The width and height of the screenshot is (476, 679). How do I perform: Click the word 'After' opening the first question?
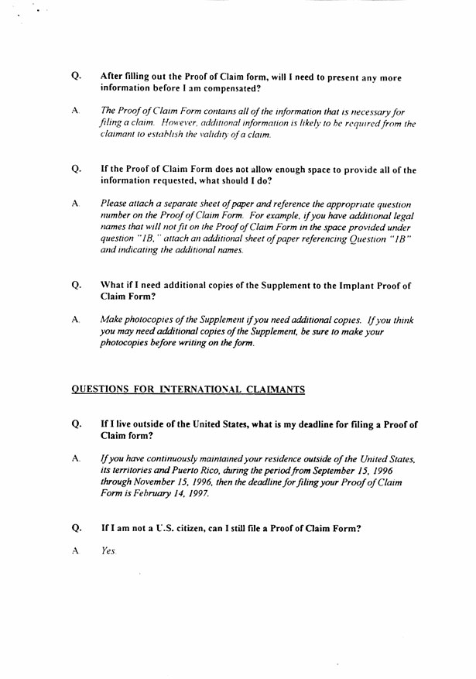(112, 77)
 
